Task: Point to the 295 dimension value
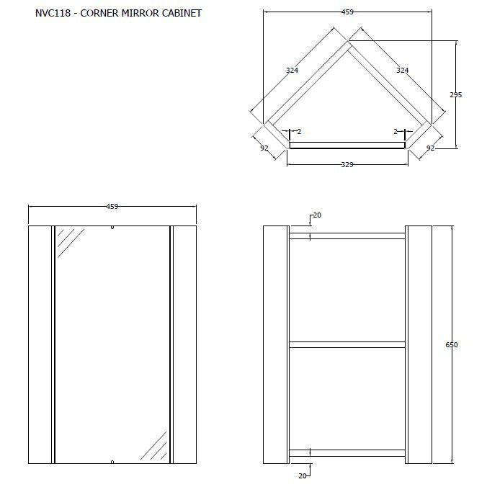click(455, 95)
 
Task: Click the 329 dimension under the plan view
click(347, 165)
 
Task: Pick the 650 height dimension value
click(452, 345)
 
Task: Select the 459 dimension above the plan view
click(347, 12)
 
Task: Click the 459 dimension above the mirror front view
click(112, 207)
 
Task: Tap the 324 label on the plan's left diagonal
click(292, 71)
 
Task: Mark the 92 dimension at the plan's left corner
click(264, 148)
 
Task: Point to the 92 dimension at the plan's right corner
click(430, 148)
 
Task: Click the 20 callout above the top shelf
click(318, 215)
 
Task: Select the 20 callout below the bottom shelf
click(303, 476)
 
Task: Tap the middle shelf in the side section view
click(347, 344)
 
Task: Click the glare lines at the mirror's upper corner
click(70, 241)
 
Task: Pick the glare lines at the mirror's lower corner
click(153, 446)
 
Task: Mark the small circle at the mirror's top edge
click(112, 228)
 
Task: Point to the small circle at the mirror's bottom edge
click(112, 461)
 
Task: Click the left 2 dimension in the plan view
click(298, 132)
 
